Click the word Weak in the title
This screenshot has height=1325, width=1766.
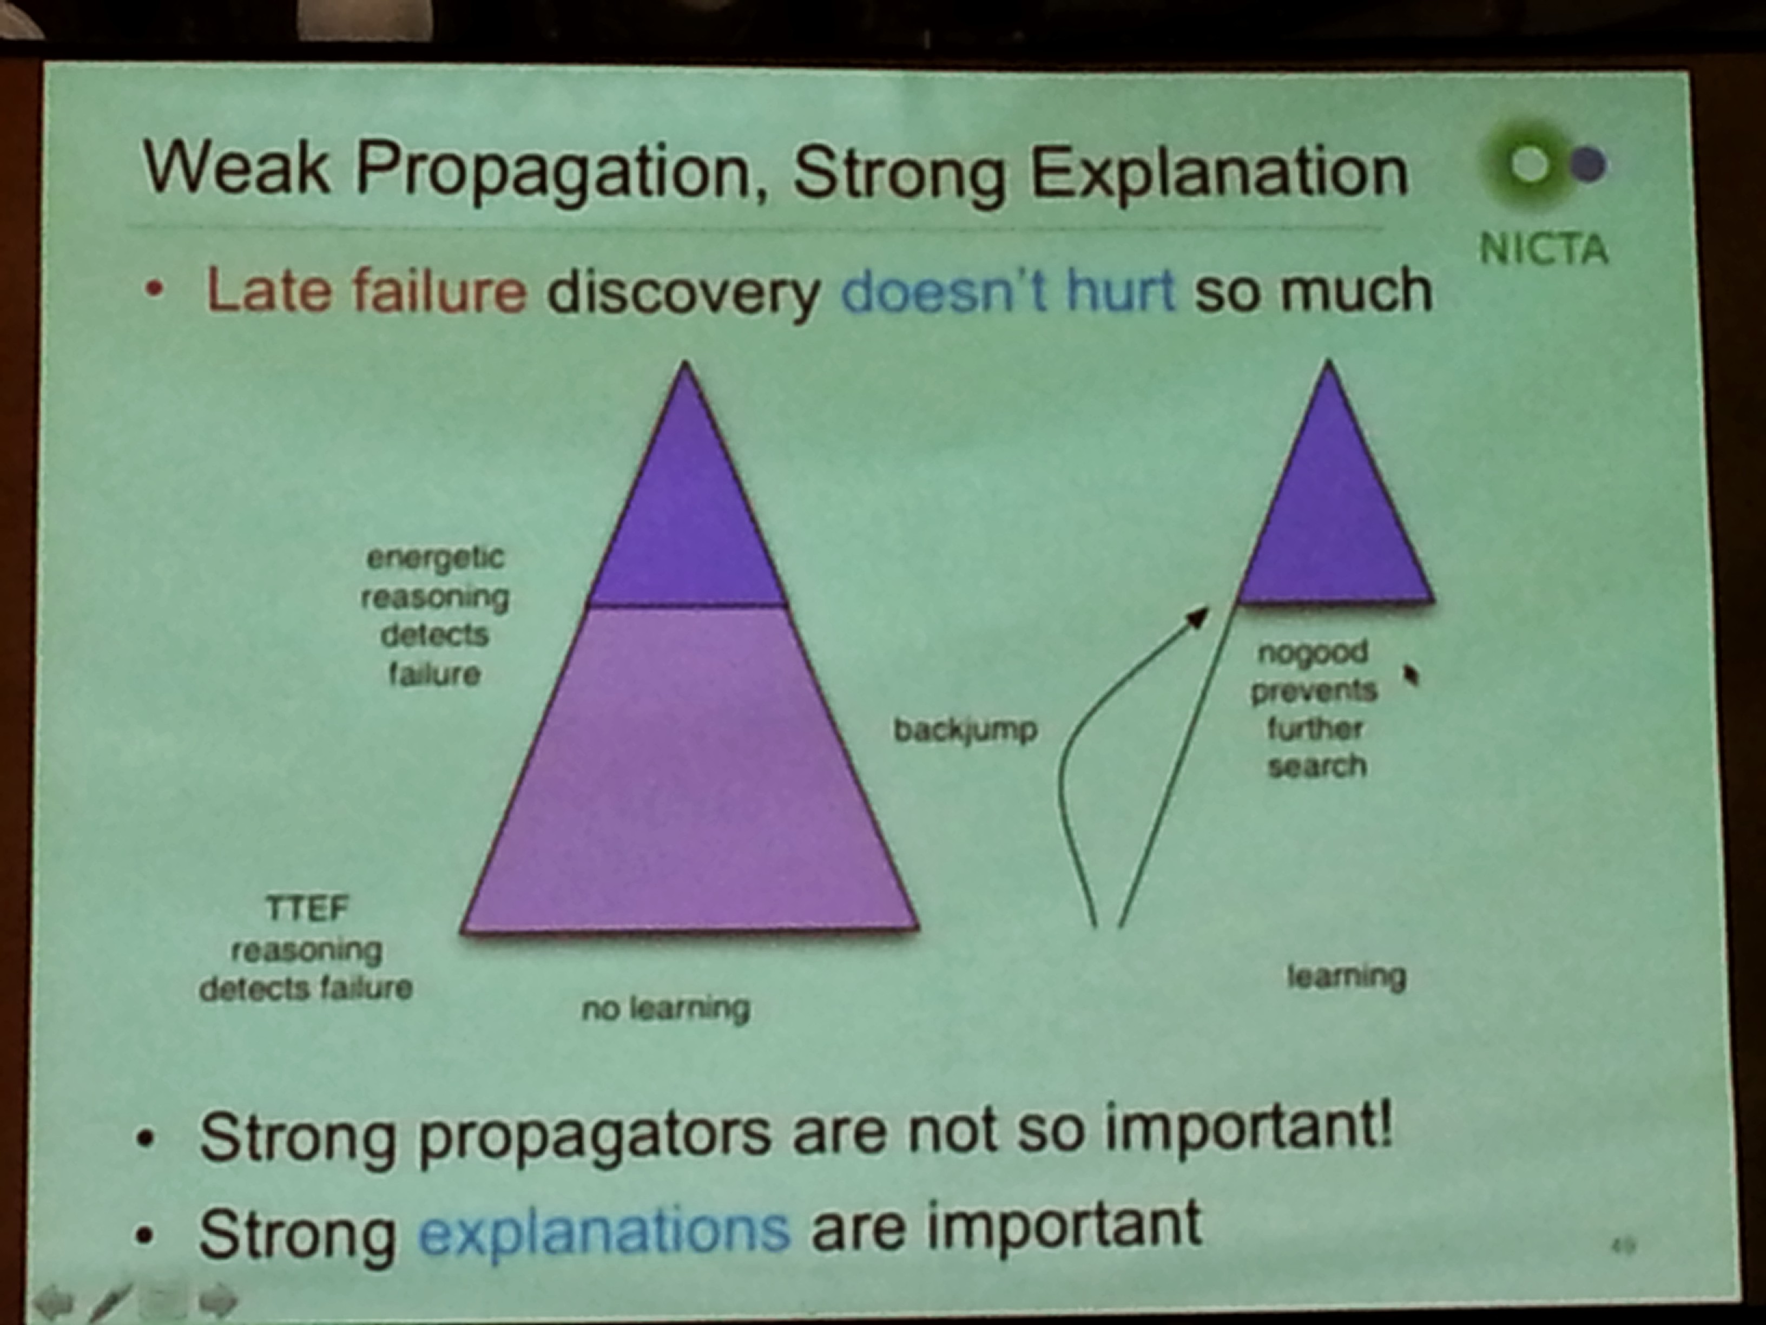[235, 168]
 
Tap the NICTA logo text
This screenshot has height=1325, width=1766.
[1543, 249]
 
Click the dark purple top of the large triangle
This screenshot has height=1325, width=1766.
[687, 511]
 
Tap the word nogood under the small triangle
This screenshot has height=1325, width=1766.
[1313, 653]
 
